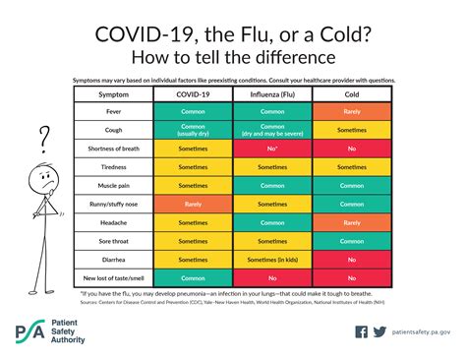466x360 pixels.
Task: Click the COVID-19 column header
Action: (194, 94)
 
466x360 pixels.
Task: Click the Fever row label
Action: (114, 112)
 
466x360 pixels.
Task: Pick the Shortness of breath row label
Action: (114, 149)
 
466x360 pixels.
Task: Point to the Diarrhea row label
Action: (114, 260)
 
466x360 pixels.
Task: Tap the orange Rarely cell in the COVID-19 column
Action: (194, 205)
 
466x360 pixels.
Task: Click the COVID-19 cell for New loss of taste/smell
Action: (194, 278)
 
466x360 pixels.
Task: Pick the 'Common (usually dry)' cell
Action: (194, 131)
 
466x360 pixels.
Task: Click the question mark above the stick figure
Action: (43, 134)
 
